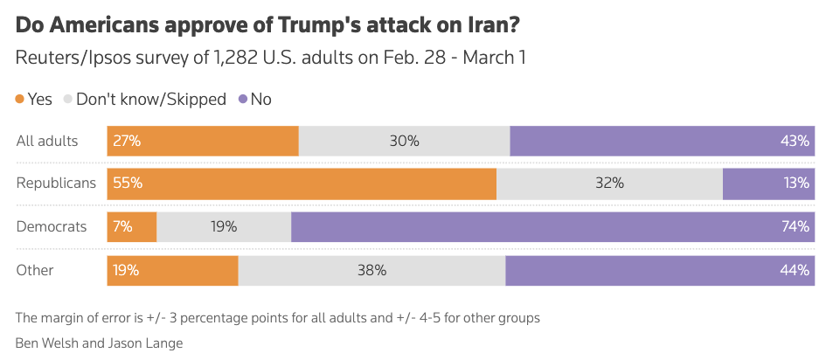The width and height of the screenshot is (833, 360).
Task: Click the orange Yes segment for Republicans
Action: pyautogui.click(x=302, y=183)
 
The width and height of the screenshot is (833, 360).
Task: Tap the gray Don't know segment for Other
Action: pyautogui.click(x=371, y=270)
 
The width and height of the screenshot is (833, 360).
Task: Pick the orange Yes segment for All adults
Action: pyautogui.click(x=203, y=141)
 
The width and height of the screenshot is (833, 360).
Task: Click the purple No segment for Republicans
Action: pyautogui.click(x=768, y=183)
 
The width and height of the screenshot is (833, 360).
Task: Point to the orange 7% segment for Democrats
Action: pyautogui.click(x=132, y=226)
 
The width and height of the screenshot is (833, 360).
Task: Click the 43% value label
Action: pyautogui.click(x=795, y=141)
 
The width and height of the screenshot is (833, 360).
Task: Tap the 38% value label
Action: pyautogui.click(x=371, y=270)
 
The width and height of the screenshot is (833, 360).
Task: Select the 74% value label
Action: pyautogui.click(x=795, y=226)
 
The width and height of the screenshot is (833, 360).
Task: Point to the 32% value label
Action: pyautogui.click(x=609, y=183)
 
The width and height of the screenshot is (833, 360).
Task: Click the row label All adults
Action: pyautogui.click(x=47, y=141)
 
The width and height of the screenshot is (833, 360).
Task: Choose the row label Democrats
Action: pyautogui.click(x=52, y=226)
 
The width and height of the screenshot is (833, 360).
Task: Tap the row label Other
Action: pyautogui.click(x=35, y=270)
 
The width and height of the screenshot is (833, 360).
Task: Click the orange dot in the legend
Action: pyautogui.click(x=20, y=100)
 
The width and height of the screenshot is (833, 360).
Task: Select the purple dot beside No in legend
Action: pyautogui.click(x=243, y=100)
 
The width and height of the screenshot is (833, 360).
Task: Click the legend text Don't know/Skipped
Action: pyautogui.click(x=151, y=100)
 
